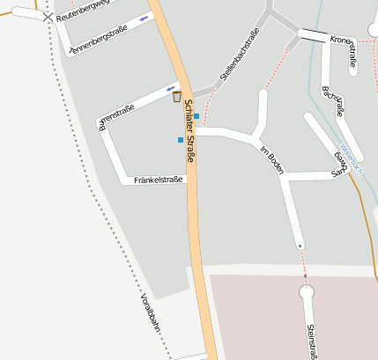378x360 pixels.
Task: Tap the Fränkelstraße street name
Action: (x=159, y=180)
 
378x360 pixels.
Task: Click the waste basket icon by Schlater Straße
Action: (x=176, y=97)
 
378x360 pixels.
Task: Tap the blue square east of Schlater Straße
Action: (x=196, y=116)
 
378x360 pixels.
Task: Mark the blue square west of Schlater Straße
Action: (x=181, y=140)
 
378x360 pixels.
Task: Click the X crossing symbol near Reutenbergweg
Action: (x=48, y=16)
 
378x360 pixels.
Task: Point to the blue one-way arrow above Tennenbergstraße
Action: (x=144, y=18)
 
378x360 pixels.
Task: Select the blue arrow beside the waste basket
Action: (x=171, y=88)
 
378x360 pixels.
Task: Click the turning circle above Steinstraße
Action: (x=306, y=290)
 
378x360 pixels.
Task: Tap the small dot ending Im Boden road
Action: (x=300, y=246)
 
